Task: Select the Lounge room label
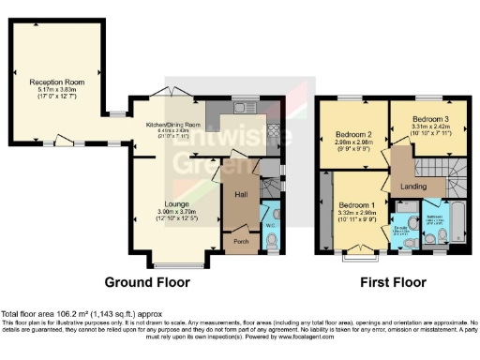pyautogui.click(x=176, y=203)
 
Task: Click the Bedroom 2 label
pyautogui.click(x=354, y=135)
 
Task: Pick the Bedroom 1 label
pyautogui.click(x=357, y=205)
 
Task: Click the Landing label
pyautogui.click(x=413, y=186)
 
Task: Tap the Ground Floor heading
pyautogui.click(x=146, y=282)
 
